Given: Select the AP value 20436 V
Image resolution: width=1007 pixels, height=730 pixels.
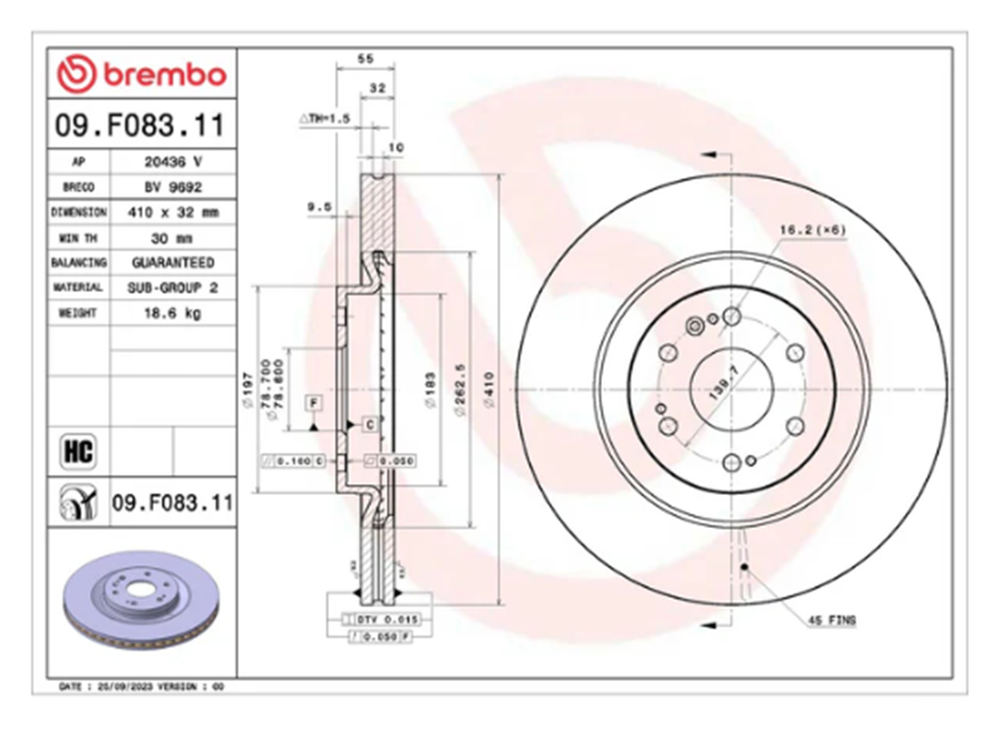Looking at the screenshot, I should point(172,161).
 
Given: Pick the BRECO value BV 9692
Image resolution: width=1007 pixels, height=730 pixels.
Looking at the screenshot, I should point(172,186).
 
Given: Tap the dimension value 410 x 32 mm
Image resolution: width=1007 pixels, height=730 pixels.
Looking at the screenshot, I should point(172,212).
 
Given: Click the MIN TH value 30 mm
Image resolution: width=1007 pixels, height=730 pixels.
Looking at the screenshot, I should point(172,237).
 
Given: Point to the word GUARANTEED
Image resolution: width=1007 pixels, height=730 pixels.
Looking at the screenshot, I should point(172,263).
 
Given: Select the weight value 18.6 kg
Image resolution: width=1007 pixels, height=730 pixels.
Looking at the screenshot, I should point(172,313).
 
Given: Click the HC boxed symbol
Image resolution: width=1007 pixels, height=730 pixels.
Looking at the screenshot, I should point(77,452).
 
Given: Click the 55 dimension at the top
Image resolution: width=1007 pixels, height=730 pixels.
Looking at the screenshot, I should point(365,59).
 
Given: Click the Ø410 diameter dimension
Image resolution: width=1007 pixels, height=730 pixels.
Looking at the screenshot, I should point(489,381).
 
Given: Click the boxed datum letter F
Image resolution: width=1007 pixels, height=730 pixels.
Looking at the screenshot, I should point(314,403).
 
